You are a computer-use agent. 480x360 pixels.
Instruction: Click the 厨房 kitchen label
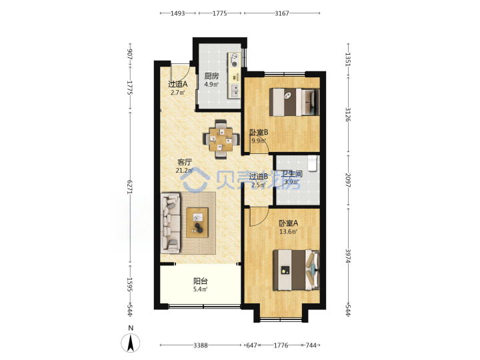(x=211, y=76)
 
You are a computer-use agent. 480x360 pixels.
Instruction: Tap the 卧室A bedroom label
(x=288, y=223)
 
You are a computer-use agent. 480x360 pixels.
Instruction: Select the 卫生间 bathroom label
(x=292, y=174)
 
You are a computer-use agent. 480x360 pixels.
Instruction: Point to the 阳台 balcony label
(x=201, y=281)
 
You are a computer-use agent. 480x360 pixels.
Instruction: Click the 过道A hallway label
(x=177, y=84)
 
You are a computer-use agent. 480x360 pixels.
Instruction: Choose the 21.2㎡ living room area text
(x=185, y=171)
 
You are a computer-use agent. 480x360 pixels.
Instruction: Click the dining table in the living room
(x=221, y=139)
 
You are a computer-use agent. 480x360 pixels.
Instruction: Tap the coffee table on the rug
(x=197, y=223)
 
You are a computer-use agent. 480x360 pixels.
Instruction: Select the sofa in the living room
(x=171, y=223)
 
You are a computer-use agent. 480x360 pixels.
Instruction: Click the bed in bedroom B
(x=294, y=102)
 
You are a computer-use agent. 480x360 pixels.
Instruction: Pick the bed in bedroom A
(x=296, y=270)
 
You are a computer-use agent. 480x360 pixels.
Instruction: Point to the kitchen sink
(x=235, y=91)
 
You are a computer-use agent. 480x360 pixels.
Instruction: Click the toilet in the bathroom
(x=312, y=163)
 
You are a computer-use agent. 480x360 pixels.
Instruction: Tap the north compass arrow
(x=131, y=343)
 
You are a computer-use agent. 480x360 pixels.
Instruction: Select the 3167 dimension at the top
(x=281, y=13)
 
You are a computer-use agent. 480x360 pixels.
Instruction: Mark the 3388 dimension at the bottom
(x=201, y=345)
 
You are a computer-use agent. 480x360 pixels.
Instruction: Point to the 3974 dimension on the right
(x=348, y=256)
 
